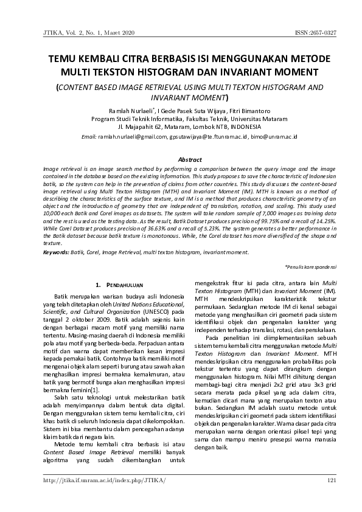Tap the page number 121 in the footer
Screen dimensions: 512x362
pyautogui.click(x=332, y=481)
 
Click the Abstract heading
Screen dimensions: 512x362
pyautogui.click(x=181, y=159)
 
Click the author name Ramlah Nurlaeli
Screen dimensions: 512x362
pyautogui.click(x=131, y=111)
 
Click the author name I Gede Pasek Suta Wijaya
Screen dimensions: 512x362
pyautogui.click(x=190, y=111)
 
